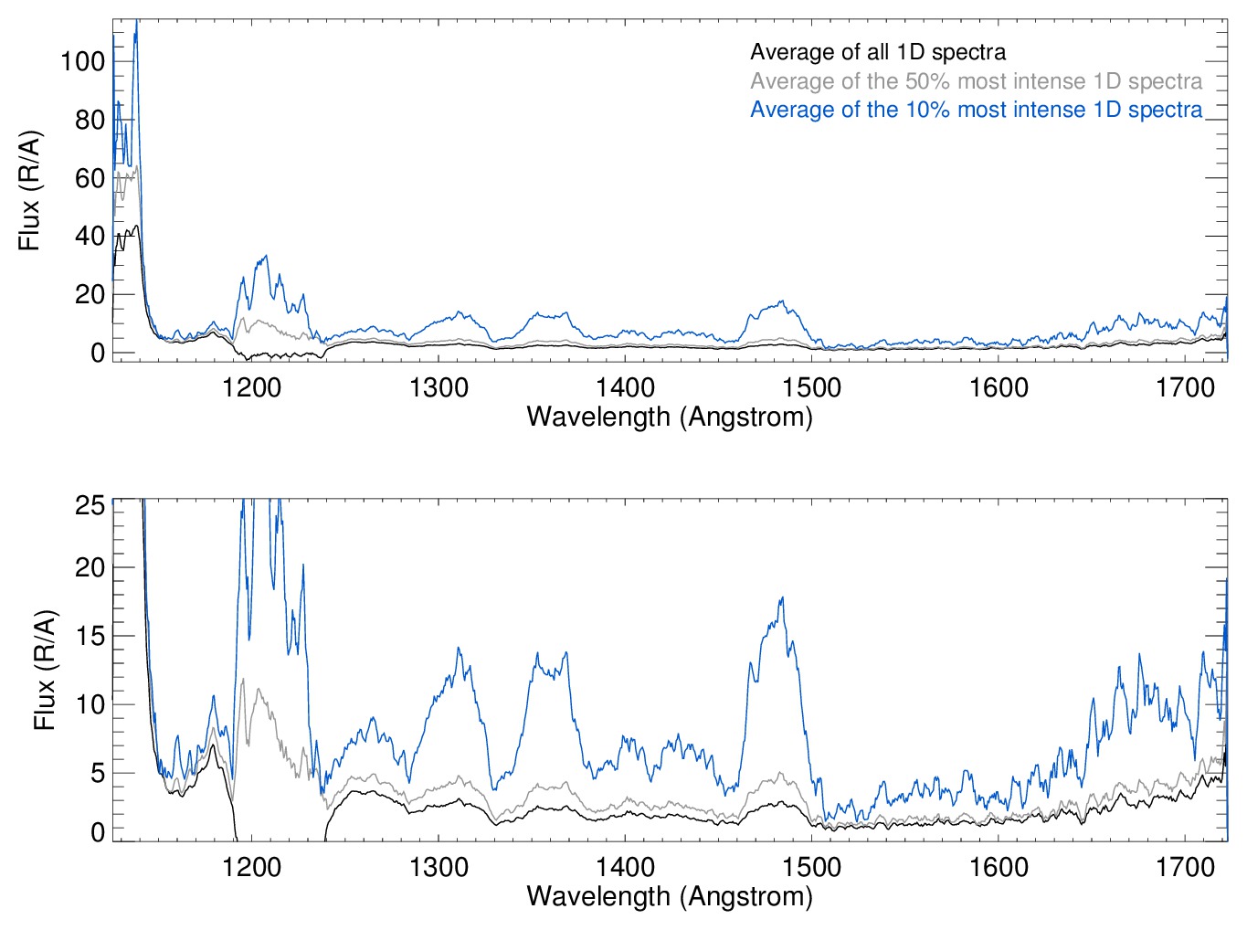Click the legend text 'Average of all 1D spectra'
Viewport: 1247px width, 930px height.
pyautogui.click(x=878, y=52)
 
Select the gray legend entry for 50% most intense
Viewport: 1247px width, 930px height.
pyautogui.click(x=976, y=81)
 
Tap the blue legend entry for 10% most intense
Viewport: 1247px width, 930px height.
pyautogui.click(x=976, y=110)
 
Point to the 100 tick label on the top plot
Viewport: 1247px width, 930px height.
pyautogui.click(x=82, y=62)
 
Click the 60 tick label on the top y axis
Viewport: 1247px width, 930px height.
pyautogui.click(x=90, y=178)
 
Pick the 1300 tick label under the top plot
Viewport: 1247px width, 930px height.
pyautogui.click(x=439, y=388)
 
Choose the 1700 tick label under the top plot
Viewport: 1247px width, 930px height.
pyautogui.click(x=1185, y=388)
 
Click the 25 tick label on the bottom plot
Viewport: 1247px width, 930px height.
pyautogui.click(x=90, y=505)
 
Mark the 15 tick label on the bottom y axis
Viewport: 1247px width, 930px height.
pyautogui.click(x=90, y=637)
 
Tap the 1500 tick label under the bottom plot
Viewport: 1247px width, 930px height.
pyautogui.click(x=811, y=867)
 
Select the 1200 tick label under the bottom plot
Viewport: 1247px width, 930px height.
pyautogui.click(x=251, y=867)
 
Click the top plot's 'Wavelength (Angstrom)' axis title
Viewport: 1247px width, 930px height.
pyautogui.click(x=670, y=417)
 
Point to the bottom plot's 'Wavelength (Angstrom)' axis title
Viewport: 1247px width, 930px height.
pyautogui.click(x=670, y=896)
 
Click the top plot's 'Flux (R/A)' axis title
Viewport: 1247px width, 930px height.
pyautogui.click(x=29, y=191)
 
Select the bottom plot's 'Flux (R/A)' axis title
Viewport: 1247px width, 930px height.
pyautogui.click(x=45, y=670)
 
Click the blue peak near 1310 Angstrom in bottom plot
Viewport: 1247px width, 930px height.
pyautogui.click(x=458, y=648)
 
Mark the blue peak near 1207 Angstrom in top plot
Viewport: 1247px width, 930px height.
pyautogui.click(x=266, y=256)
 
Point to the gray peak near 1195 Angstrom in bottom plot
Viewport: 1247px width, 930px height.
pyautogui.click(x=243, y=679)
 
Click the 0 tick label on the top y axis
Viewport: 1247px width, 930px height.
pyautogui.click(x=98, y=353)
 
